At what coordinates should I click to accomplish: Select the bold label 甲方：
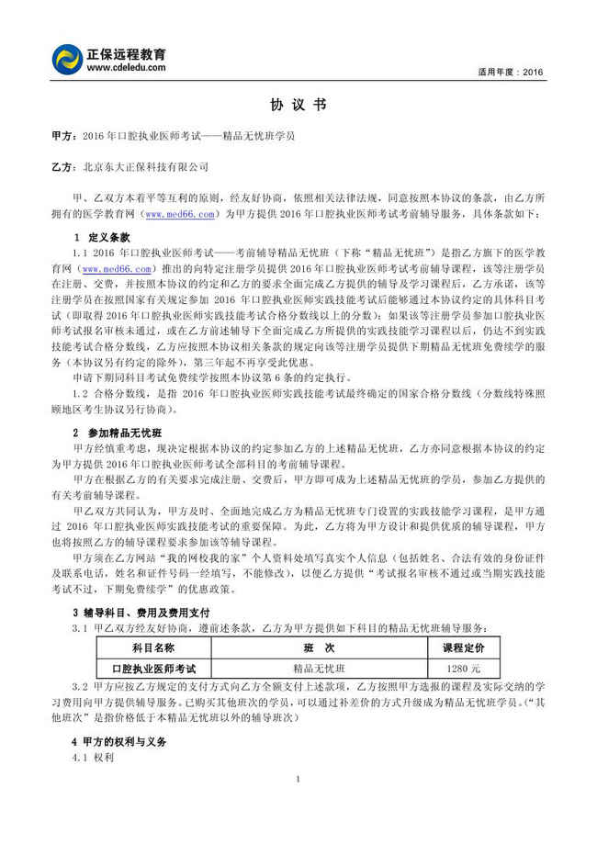click(65, 135)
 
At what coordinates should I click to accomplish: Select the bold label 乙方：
click(65, 167)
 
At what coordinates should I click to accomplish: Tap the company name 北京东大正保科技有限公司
click(145, 167)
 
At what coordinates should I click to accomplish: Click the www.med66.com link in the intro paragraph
click(179, 215)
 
